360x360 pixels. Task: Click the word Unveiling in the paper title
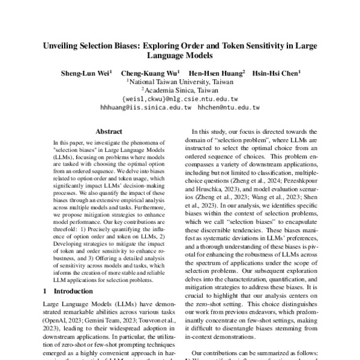62,46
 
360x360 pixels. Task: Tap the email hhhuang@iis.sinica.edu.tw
146,107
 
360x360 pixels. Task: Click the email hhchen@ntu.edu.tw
230,107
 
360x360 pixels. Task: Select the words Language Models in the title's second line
179,55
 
